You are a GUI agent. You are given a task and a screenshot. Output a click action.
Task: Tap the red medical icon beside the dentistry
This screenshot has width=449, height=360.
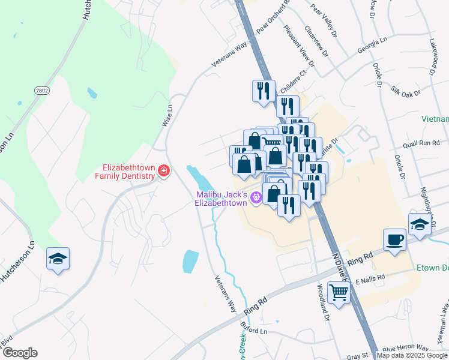163,172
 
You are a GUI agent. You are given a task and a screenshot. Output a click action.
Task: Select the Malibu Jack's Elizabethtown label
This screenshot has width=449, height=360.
221,199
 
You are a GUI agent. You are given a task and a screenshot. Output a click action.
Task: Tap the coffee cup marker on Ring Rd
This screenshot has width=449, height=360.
394,240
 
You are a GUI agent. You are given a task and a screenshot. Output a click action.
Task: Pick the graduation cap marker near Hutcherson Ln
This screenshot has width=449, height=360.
58,259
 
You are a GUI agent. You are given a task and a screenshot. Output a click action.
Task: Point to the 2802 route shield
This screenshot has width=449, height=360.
41,90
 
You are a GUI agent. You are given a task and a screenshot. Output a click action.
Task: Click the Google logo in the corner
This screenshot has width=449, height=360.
19,353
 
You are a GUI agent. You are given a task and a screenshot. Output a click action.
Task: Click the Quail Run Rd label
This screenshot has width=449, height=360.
422,143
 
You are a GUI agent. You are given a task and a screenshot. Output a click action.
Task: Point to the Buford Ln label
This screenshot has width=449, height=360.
254,331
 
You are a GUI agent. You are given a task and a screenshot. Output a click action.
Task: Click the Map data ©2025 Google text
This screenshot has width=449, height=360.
412,355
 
